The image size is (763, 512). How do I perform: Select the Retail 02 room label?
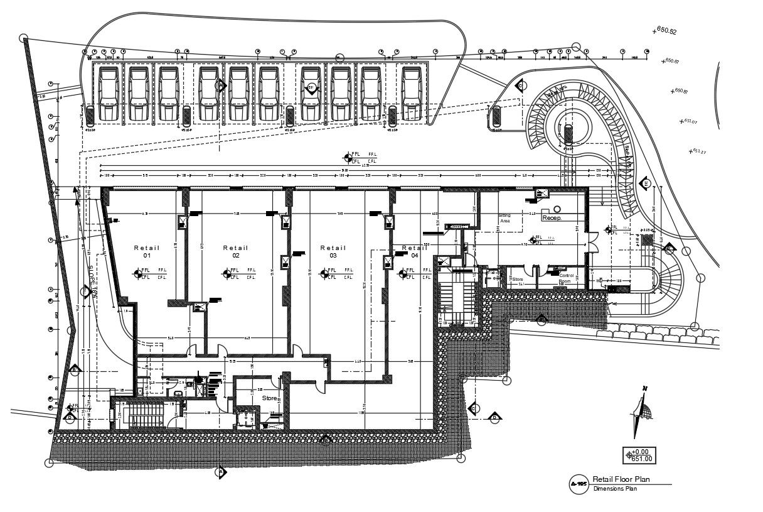point(235,251)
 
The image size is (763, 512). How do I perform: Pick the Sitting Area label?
point(504,218)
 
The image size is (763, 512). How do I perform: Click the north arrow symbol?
point(642,413)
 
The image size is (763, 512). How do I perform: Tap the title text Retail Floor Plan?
point(621,479)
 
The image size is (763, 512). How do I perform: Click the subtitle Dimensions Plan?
point(615,489)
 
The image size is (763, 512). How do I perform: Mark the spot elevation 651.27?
point(700,151)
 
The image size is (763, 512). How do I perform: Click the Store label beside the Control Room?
point(518,280)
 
